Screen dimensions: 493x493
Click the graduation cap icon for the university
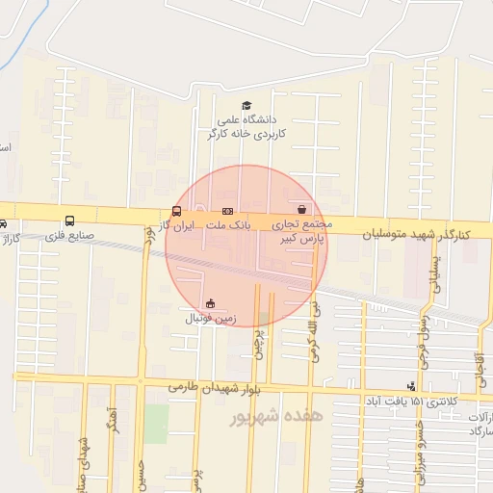pyautogui.click(x=246, y=106)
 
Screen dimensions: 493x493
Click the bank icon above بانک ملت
pyautogui.click(x=227, y=210)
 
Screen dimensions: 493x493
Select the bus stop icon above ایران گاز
pyautogui.click(x=176, y=211)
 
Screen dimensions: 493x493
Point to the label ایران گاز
pyautogui.click(x=177, y=224)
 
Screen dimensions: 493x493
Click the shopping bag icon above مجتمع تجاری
pyautogui.click(x=302, y=208)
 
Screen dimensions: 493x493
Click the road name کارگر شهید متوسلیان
pyautogui.click(x=416, y=234)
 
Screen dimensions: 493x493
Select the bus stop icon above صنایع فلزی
pyautogui.click(x=68, y=221)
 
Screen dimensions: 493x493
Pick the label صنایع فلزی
pyautogui.click(x=68, y=234)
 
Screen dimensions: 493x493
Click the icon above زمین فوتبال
pyautogui.click(x=210, y=303)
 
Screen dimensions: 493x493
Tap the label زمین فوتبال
pyautogui.click(x=209, y=317)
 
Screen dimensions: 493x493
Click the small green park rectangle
pyautogui.click(x=156, y=424)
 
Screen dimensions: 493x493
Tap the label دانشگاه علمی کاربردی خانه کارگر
pyautogui.click(x=246, y=126)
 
